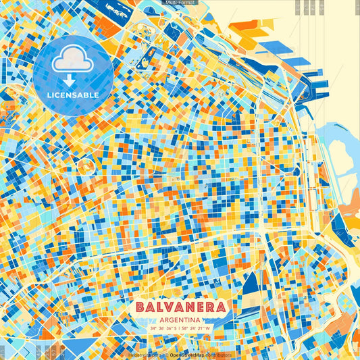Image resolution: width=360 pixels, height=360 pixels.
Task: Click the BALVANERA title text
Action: tap(180, 307)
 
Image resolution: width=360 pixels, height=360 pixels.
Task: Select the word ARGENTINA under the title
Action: tap(180, 319)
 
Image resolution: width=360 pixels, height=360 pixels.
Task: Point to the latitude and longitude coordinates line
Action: tap(180, 329)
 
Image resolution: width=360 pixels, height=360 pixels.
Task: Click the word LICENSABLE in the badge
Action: tap(74, 94)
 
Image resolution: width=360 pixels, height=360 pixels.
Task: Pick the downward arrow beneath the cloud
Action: tap(74, 80)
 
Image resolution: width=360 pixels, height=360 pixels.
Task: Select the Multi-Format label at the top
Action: tap(180, 3)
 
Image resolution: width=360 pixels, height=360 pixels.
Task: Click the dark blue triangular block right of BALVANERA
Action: tap(250, 284)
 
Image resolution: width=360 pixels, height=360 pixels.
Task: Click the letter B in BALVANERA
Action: tap(140, 307)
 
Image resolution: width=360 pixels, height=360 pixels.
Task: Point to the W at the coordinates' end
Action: tap(208, 329)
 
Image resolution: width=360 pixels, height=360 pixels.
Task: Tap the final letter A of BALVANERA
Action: tap(220, 307)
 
